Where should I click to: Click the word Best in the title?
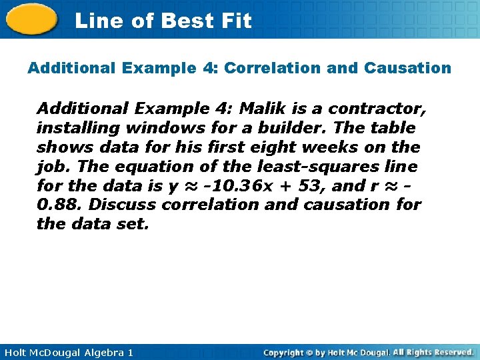pos(185,21)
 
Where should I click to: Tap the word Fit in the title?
pos(237,21)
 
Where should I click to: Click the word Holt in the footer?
pos(17,352)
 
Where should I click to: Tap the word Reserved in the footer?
pos(450,352)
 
